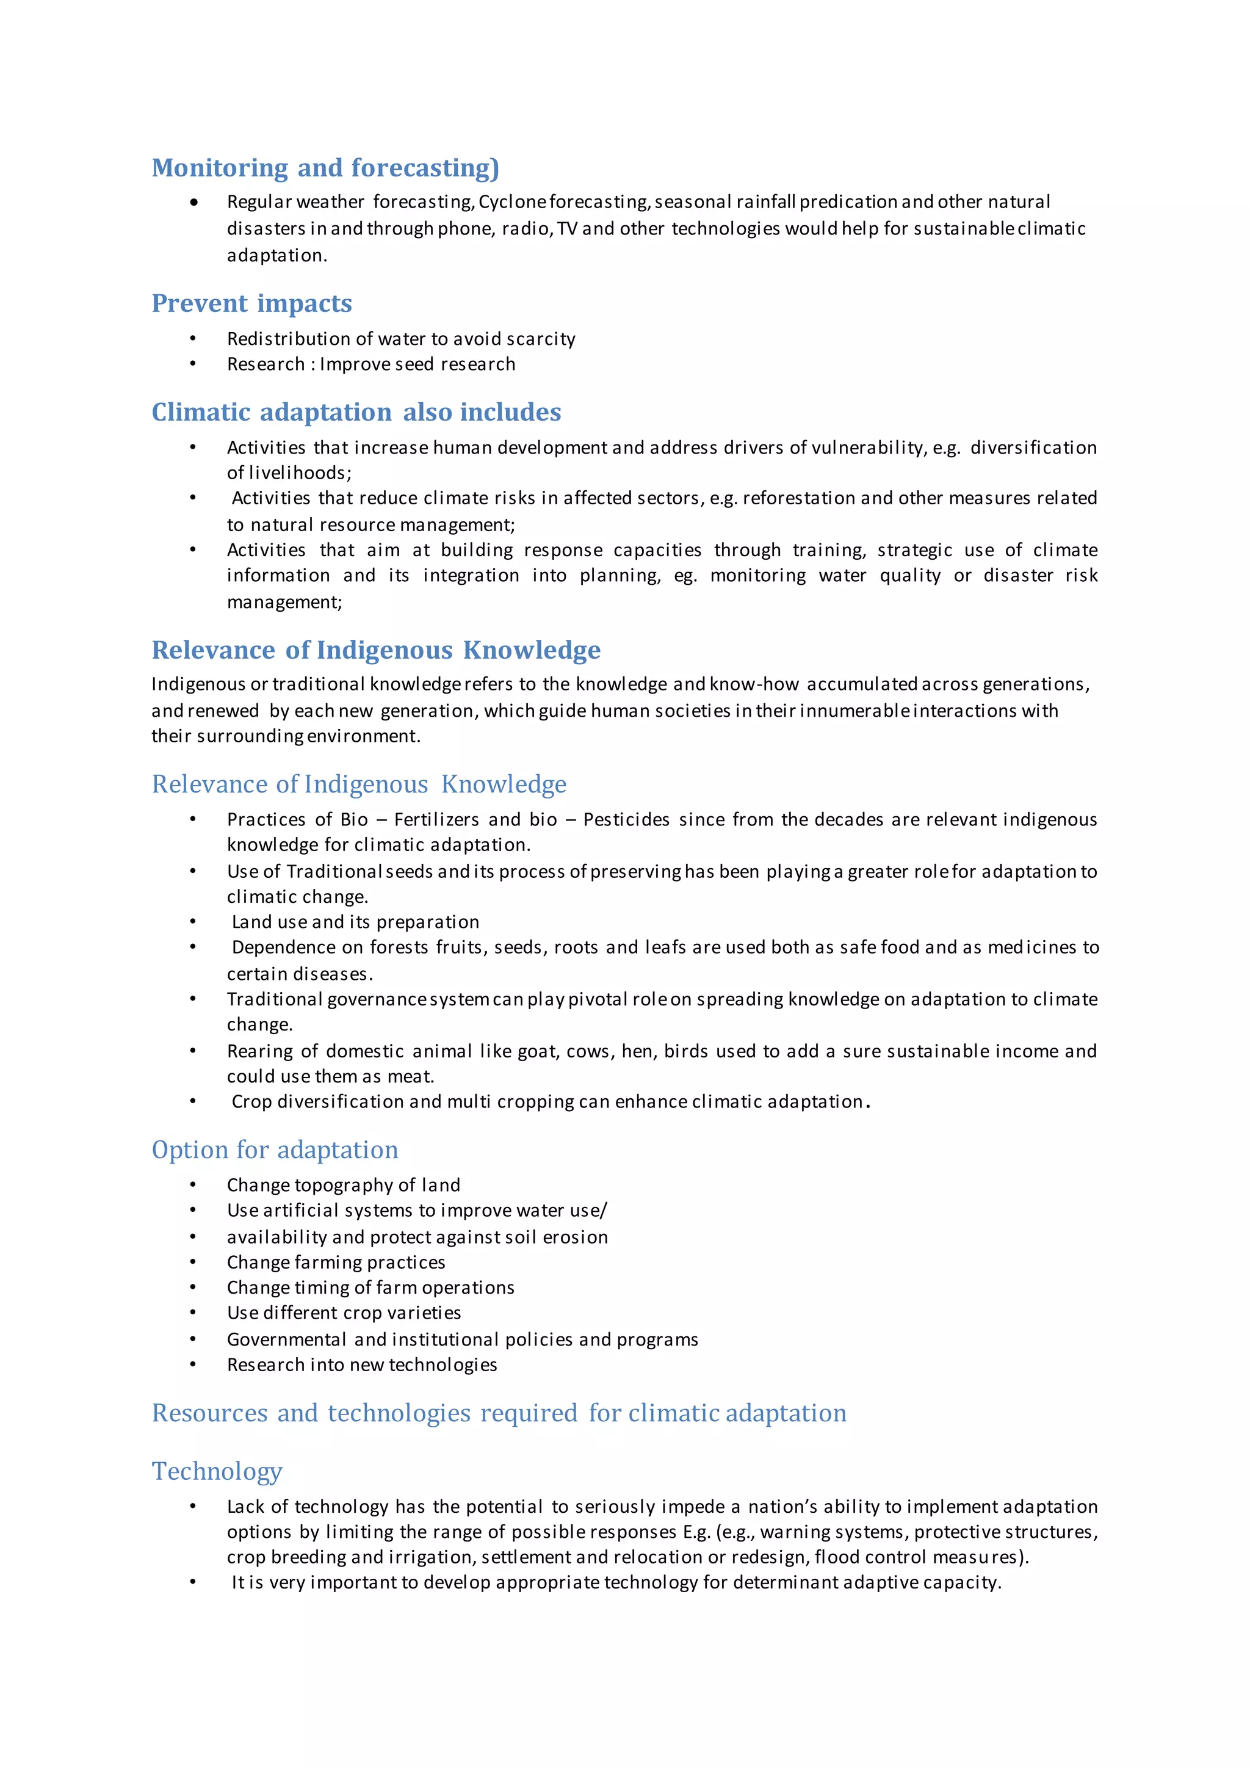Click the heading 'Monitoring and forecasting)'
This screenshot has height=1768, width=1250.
pos(325,168)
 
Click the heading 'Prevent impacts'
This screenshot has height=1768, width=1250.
pos(251,303)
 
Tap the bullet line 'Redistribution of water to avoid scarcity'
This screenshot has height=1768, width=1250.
pos(401,339)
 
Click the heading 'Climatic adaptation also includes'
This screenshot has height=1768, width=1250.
pos(356,412)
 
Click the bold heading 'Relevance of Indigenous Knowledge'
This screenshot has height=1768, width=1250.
pos(375,650)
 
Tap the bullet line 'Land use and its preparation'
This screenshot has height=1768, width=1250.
pos(355,922)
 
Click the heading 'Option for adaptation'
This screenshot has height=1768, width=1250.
pos(275,1150)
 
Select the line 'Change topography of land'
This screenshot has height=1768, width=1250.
pos(343,1185)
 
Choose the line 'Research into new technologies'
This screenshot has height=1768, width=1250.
pos(362,1364)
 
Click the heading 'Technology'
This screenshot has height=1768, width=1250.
pos(217,1471)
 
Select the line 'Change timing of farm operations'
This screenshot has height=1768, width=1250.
pos(370,1288)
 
